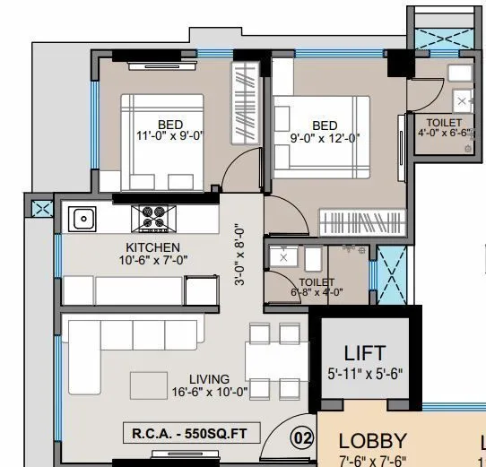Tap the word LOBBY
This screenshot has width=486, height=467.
[x=372, y=441]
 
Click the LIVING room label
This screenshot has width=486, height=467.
[x=209, y=379]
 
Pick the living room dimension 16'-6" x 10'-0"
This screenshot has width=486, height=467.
[x=209, y=392]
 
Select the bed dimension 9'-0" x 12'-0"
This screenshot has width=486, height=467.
[x=325, y=138]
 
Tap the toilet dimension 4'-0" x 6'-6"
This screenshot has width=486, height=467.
[x=444, y=134]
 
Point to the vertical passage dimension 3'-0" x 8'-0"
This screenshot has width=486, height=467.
[x=239, y=254]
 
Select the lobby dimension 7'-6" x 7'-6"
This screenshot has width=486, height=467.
[x=372, y=461]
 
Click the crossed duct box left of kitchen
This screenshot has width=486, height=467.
[x=41, y=209]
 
